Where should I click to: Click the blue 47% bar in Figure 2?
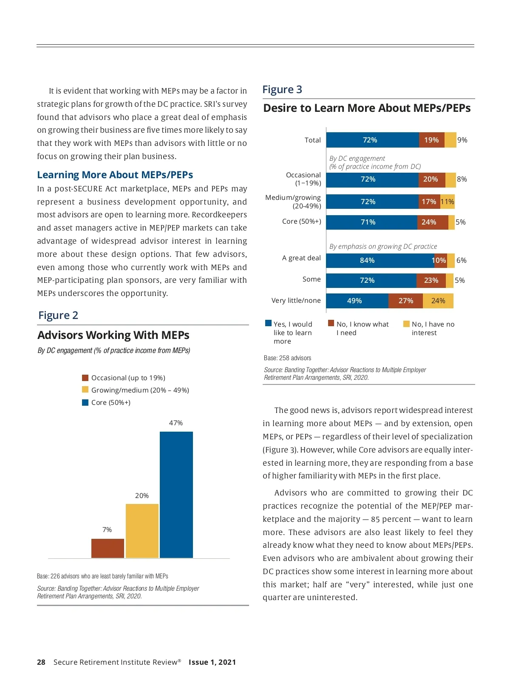[176, 494]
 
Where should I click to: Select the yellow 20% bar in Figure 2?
[142, 531]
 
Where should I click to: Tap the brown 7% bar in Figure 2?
[108, 548]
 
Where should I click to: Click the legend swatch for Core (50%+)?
[85, 402]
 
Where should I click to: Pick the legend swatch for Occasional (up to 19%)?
[85, 378]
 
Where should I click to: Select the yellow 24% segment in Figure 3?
[438, 301]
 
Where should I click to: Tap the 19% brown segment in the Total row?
[431, 140]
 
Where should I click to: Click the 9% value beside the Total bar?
[462, 140]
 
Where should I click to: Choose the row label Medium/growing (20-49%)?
[293, 202]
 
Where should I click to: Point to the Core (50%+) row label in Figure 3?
[302, 221]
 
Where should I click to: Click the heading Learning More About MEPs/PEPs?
[115, 175]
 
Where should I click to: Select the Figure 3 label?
[282, 89]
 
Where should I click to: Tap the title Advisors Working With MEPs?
[113, 335]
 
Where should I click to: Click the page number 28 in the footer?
[41, 662]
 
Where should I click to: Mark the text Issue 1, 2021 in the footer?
[212, 662]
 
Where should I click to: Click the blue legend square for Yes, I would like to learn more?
[268, 323]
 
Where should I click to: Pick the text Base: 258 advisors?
[287, 358]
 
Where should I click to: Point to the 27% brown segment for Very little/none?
[405, 301]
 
